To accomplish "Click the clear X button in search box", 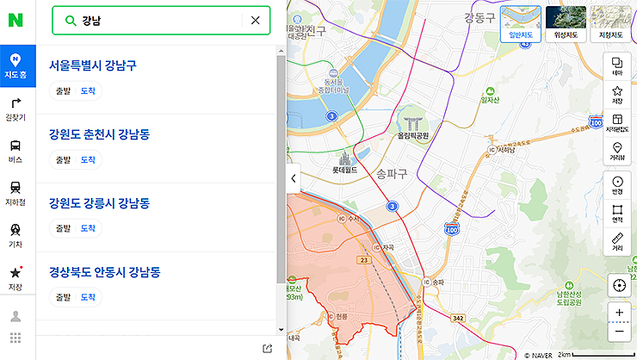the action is [x=255, y=20].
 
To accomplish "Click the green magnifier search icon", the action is [x=71, y=20].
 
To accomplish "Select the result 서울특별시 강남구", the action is [x=93, y=65].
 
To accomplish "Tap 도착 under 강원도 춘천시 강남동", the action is [x=88, y=159].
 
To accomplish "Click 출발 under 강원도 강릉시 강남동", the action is [x=63, y=228].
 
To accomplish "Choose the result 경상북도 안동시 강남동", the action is [x=105, y=272].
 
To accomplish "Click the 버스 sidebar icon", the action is [x=15, y=150].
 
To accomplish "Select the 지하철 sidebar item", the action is [x=15, y=192].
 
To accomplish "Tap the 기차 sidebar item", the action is [x=15, y=234].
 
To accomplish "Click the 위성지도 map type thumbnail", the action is [x=566, y=24].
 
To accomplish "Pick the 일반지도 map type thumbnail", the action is [x=522, y=24].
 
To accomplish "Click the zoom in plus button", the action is [x=619, y=313].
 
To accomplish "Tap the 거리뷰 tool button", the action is [x=617, y=152].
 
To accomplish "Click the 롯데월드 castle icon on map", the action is [x=346, y=158].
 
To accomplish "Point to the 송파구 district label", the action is [x=392, y=173].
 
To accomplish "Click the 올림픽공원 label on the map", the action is [x=413, y=135].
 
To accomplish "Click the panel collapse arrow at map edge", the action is [x=293, y=178].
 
